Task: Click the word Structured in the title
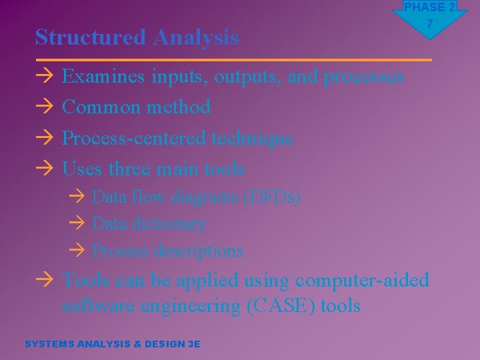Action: click(91, 37)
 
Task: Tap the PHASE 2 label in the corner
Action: click(429, 7)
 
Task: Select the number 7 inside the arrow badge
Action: click(430, 24)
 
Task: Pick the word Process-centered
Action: click(134, 138)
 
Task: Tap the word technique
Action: click(252, 138)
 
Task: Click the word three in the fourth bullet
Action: click(130, 169)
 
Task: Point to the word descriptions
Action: click(198, 251)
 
